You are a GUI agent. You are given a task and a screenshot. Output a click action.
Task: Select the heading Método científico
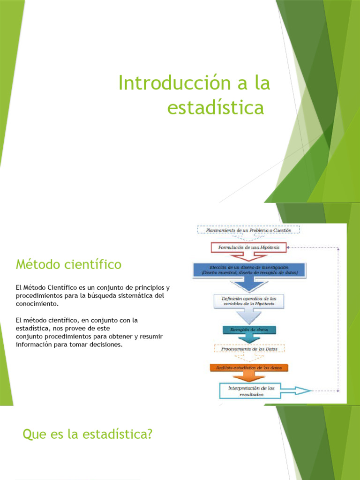click(x=68, y=265)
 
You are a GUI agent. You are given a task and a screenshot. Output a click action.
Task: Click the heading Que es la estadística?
click(x=88, y=435)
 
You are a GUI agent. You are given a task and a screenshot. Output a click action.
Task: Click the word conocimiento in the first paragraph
click(x=37, y=303)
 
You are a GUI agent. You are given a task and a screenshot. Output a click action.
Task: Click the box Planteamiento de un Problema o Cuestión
click(x=249, y=230)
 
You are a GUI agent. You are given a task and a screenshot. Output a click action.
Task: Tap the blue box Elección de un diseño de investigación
click(x=249, y=270)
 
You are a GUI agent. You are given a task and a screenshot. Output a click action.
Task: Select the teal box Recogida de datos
click(x=249, y=330)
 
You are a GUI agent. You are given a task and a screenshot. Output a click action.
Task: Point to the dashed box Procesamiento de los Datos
click(x=249, y=349)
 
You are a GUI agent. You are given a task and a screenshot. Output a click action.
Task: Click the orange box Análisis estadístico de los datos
click(x=249, y=367)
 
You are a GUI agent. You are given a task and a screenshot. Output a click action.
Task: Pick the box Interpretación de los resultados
click(x=251, y=391)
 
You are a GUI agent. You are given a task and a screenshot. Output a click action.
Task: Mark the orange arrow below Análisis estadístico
click(x=249, y=377)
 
